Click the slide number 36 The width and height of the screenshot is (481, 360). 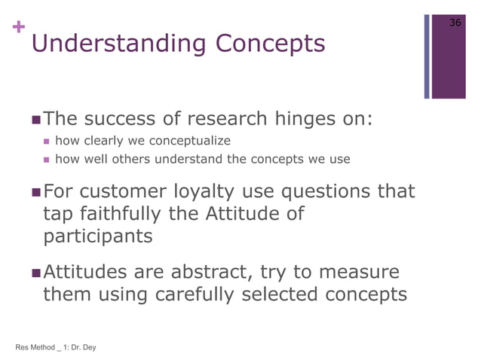[x=455, y=23]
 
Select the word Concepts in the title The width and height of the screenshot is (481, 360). [x=271, y=44]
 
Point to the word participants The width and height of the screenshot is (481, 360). [x=97, y=236]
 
